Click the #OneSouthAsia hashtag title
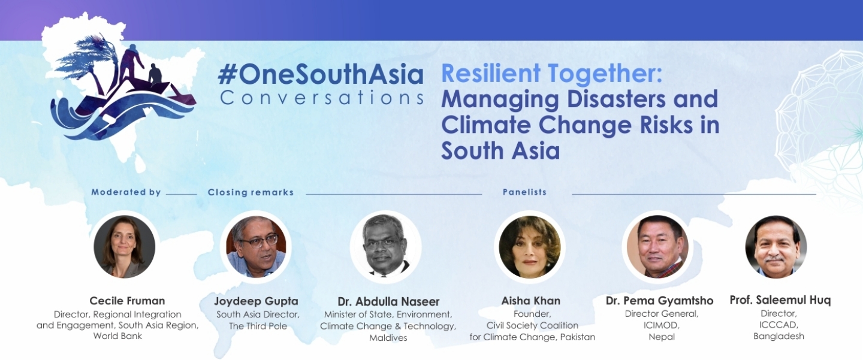click(321, 75)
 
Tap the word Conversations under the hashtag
click(322, 98)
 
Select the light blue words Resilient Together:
click(552, 74)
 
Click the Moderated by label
click(126, 192)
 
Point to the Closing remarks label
click(251, 192)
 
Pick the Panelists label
click(525, 192)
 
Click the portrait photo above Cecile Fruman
click(125, 247)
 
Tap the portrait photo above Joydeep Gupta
click(256, 247)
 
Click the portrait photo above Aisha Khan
click(530, 247)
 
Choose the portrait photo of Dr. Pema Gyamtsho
click(657, 247)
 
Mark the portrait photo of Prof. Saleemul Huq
click(776, 247)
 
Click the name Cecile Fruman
click(127, 301)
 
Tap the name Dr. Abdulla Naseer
click(388, 301)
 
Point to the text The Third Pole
click(258, 326)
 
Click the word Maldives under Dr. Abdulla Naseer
click(388, 338)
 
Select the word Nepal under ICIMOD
click(662, 337)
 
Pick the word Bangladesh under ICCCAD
click(779, 336)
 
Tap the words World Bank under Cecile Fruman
click(117, 336)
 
